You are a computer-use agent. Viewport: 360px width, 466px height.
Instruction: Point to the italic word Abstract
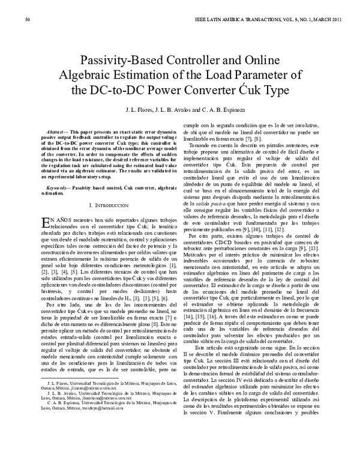[58, 131]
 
